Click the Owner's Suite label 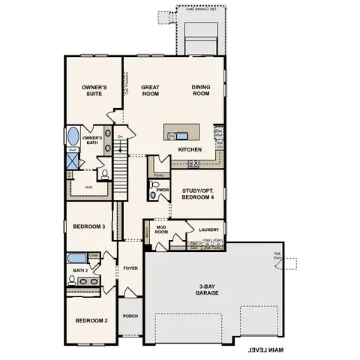(94, 91)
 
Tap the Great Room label (151, 91)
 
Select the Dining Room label (201, 91)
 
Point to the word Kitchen (190, 150)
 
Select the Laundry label (207, 230)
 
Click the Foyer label (130, 266)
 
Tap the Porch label (130, 316)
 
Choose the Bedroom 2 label (91, 320)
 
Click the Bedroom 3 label (88, 226)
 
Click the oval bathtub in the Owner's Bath (73, 136)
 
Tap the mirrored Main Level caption (266, 349)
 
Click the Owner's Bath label (92, 140)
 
